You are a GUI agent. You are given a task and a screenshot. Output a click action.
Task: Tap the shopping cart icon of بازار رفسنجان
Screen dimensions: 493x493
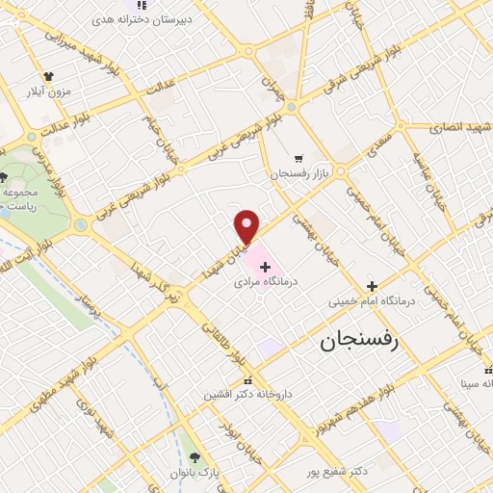coord(298,158)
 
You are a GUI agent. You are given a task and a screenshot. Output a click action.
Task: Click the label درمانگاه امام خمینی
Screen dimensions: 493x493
coord(372,302)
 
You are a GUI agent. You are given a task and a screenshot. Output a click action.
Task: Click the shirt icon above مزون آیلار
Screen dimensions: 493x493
coord(48,75)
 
